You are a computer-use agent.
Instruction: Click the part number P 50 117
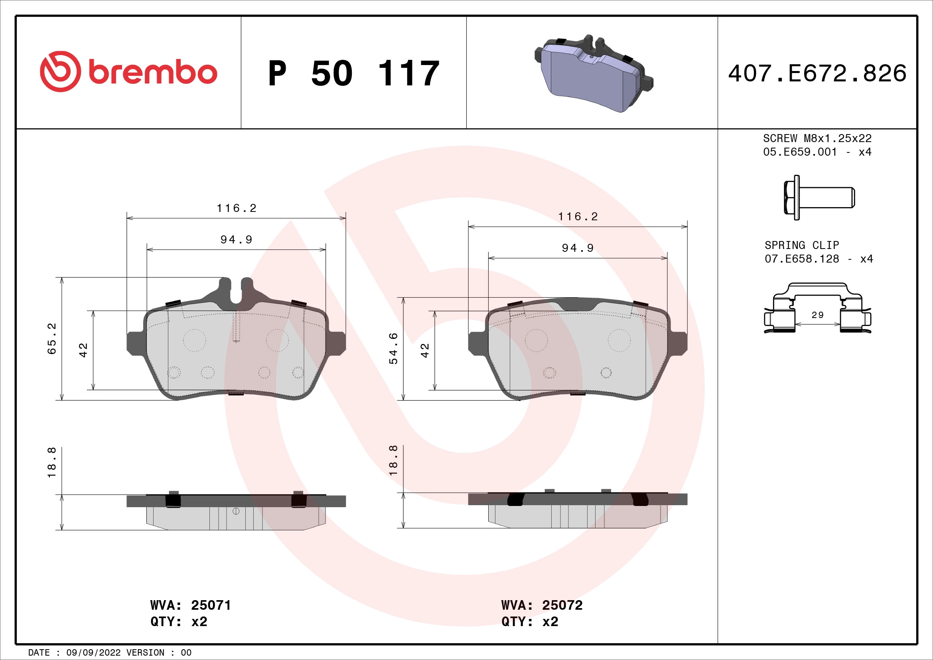353,73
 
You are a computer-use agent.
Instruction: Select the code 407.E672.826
817,73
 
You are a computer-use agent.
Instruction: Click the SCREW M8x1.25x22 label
817,138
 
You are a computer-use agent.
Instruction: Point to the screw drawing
818,198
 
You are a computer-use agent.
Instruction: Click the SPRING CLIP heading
801,245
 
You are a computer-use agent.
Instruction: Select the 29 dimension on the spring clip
817,315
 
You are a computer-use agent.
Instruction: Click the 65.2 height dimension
52,338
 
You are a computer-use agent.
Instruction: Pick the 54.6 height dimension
393,348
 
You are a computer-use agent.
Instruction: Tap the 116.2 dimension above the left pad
237,208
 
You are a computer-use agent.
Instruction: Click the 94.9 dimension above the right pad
578,248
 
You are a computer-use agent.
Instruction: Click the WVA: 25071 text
191,605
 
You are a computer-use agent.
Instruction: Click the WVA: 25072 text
542,605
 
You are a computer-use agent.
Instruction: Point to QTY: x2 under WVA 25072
529,622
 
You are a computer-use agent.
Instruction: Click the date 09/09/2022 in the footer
93,652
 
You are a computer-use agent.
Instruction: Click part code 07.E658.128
801,259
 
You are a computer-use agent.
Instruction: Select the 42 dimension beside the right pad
425,350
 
